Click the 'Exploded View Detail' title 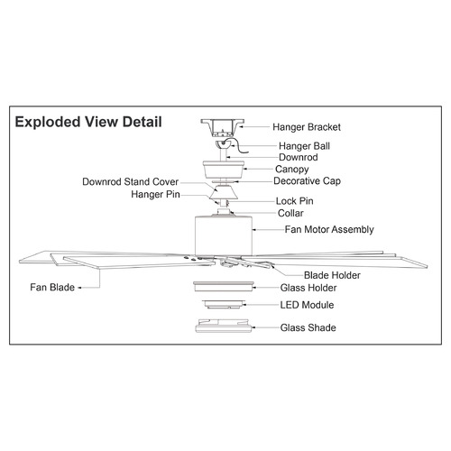88,122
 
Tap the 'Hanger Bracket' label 307,127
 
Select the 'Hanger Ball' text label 304,146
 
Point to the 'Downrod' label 299,157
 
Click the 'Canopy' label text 291,170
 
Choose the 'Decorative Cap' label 307,181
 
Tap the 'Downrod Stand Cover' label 130,182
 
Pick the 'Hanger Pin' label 155,195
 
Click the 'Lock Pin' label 295,201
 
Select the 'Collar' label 290,213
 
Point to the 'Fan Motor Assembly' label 329,230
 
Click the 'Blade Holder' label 332,275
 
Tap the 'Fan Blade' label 52,288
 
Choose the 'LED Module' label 307,305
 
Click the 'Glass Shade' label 308,327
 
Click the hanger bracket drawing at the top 223,128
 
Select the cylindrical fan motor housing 224,235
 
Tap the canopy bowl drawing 224,170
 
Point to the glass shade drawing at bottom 224,326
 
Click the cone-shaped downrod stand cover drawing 224,192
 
